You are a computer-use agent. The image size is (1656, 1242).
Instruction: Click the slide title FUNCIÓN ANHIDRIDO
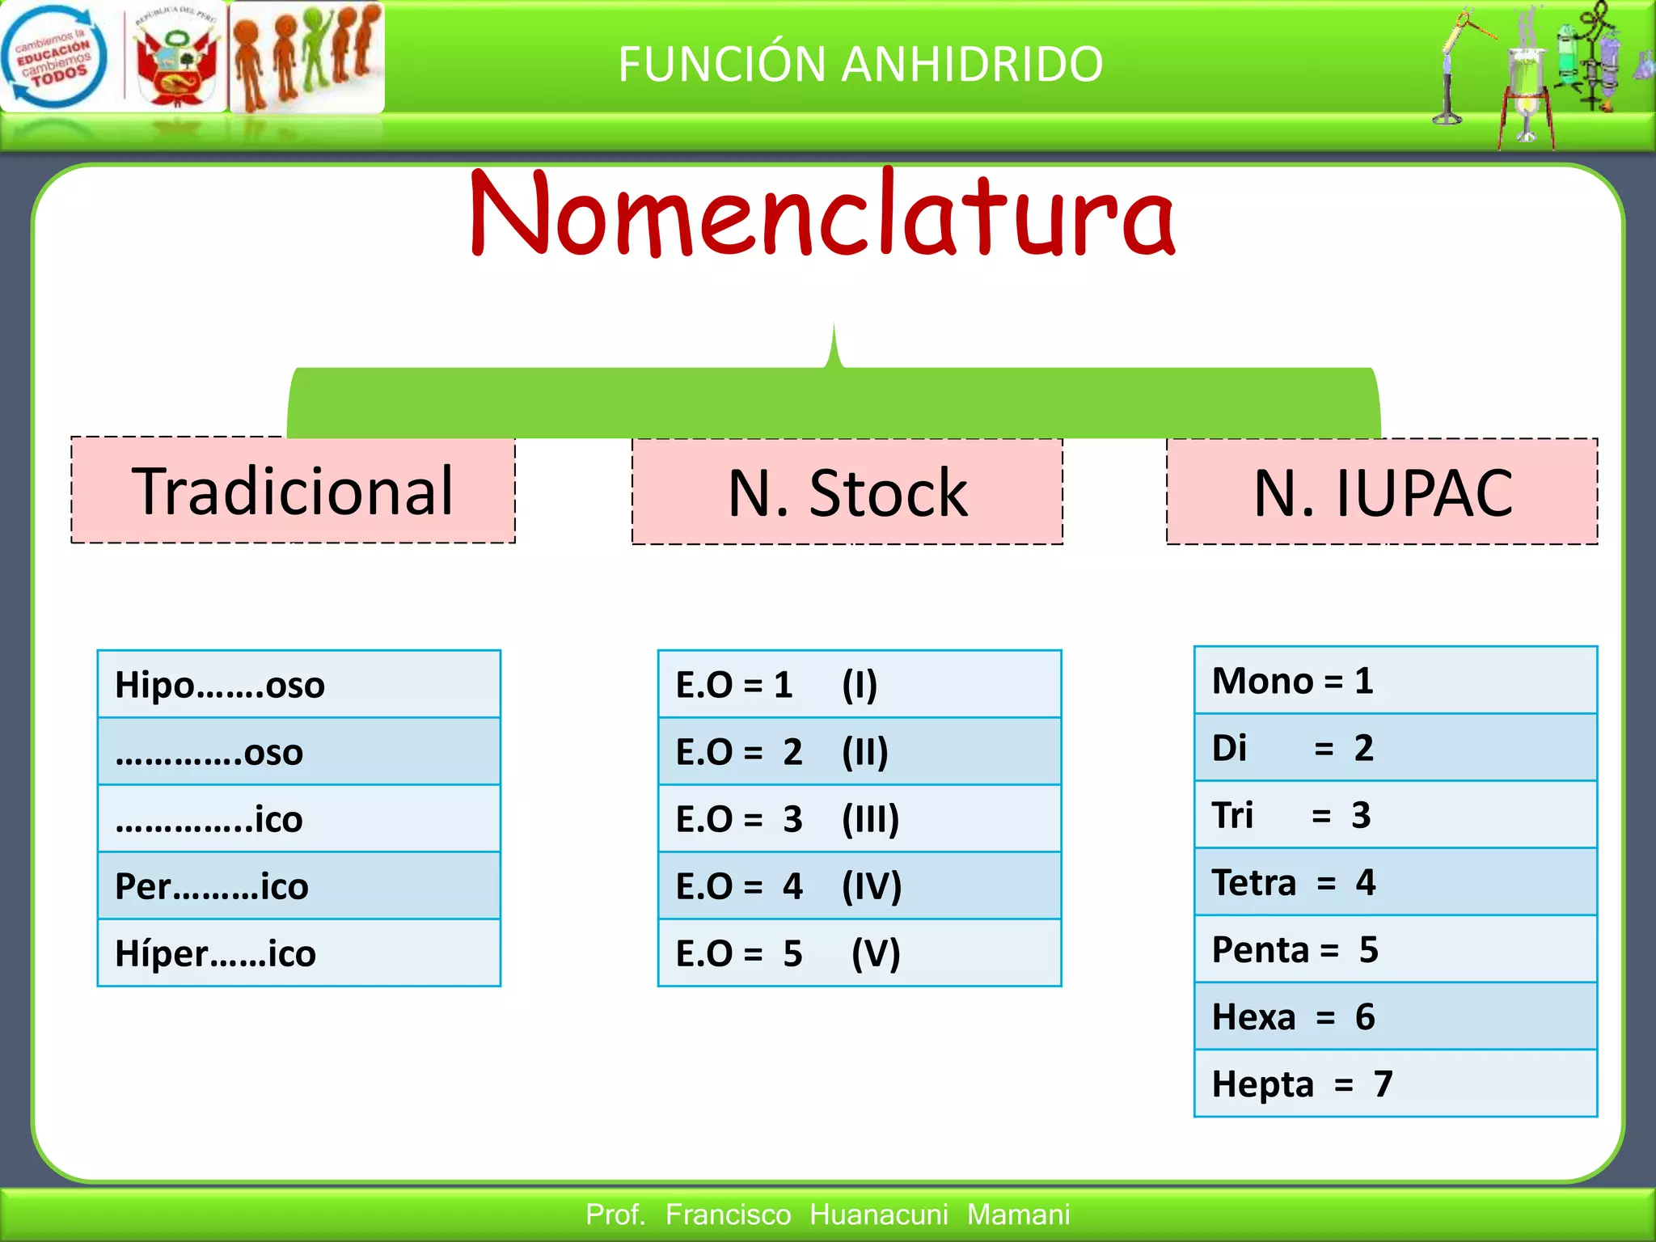860,64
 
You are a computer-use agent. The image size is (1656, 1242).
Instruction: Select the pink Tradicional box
293,491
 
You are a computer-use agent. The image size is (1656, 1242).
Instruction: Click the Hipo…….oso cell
298,685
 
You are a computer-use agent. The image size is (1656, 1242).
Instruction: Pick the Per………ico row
298,886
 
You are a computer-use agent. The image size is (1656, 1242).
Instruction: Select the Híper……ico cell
298,953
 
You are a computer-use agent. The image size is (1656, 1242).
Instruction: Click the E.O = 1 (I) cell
859,685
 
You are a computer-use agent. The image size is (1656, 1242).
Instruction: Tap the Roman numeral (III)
870,819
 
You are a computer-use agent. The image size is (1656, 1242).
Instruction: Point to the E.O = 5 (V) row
859,953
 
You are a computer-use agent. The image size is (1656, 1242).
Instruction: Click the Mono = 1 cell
1395,681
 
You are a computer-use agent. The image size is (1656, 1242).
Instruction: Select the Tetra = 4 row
1395,882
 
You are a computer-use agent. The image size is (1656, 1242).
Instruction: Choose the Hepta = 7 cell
1395,1084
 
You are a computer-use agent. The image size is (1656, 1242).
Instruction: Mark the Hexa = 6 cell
1395,1016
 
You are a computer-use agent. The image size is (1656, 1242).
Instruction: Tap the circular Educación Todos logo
53,57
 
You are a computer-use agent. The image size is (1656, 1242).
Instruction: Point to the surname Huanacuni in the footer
878,1215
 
